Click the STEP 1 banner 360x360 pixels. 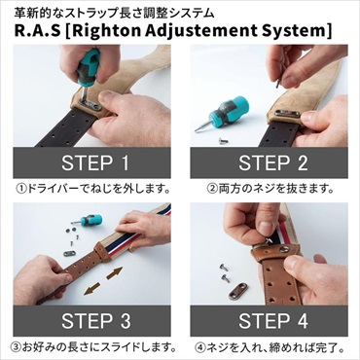pyautogui.click(x=94, y=162)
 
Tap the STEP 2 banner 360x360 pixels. pyautogui.click(x=272, y=162)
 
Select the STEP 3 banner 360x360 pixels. pyautogui.click(x=94, y=320)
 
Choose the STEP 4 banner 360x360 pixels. pyautogui.click(x=272, y=320)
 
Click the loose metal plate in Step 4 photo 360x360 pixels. pyautogui.click(x=237, y=289)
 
